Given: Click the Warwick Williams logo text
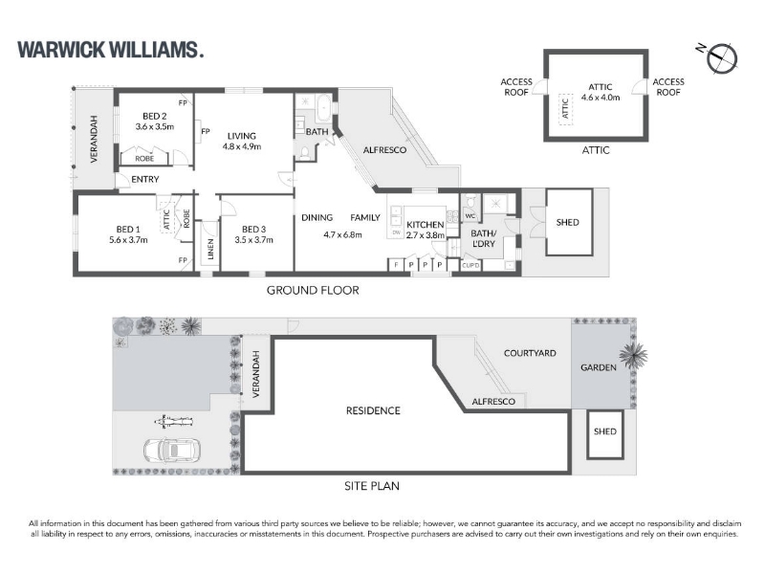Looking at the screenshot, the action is (110, 50).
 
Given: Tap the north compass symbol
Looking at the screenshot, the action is (719, 57).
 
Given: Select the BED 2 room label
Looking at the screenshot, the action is (155, 116).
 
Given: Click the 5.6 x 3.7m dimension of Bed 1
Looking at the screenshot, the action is (128, 240).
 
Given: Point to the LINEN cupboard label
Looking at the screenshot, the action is (210, 249).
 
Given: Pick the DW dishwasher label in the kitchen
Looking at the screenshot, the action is (396, 232).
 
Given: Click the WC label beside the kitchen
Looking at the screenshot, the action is (470, 216).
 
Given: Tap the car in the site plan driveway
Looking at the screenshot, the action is (172, 449).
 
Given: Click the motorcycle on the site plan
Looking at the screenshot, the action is (173, 420).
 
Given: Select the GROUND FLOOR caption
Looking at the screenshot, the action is (313, 291).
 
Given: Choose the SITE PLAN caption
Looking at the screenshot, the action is (372, 486).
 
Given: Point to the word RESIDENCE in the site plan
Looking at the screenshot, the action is (373, 411).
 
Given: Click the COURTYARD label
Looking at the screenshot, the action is (530, 353).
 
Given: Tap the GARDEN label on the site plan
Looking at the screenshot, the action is (599, 367).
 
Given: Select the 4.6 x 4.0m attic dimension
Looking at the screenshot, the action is (601, 98).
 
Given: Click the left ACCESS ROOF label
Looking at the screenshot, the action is (516, 87).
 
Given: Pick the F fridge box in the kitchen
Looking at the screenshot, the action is (396, 265).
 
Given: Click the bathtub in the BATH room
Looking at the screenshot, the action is (323, 109).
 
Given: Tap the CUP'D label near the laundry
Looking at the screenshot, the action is (470, 266).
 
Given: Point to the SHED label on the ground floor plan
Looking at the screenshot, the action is (567, 222).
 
